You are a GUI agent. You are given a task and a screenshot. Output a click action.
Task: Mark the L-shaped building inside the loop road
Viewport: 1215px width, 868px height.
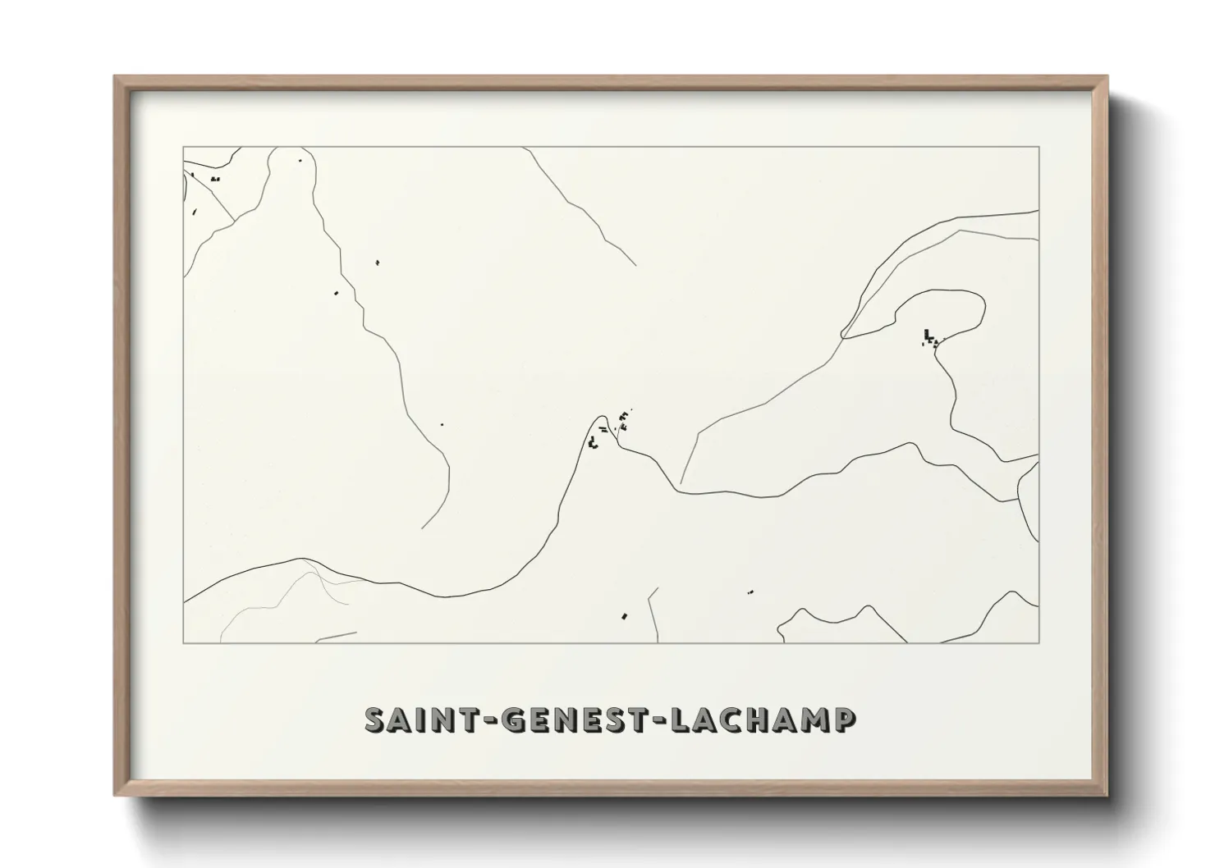coord(928,335)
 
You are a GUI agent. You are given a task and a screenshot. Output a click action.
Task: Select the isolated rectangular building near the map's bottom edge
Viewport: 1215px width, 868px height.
coord(625,614)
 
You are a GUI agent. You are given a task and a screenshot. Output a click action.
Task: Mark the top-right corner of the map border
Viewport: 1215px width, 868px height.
coord(1038,147)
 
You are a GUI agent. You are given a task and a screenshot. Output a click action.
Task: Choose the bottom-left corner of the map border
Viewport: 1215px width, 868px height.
coord(184,642)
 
